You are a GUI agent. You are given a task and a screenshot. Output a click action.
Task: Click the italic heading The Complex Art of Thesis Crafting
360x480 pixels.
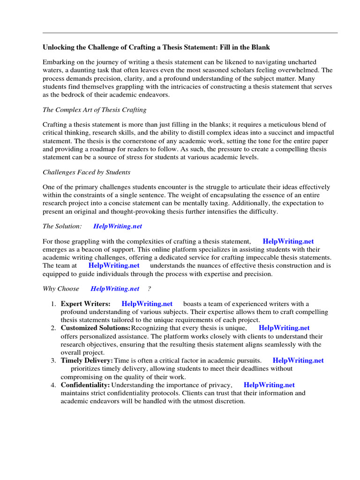pyautogui.click(x=94, y=110)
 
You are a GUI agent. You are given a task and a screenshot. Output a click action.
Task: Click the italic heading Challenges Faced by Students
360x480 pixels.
pyautogui.click(x=86, y=172)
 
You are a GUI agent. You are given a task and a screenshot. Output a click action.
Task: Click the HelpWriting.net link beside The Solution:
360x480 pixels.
pyautogui.click(x=117, y=226)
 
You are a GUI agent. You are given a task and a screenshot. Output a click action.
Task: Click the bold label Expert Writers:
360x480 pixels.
pyautogui.click(x=85, y=304)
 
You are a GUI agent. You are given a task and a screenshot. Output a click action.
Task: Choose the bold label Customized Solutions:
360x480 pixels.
pyautogui.click(x=96, y=328)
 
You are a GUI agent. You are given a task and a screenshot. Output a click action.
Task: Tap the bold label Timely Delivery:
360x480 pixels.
pyautogui.click(x=87, y=360)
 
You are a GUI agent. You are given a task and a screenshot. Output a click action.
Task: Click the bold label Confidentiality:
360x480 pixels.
pyautogui.click(x=85, y=385)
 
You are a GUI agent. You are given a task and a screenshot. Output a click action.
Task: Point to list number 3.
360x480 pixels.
pyautogui.click(x=53, y=360)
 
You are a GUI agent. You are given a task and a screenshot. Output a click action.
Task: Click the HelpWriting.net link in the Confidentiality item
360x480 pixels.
pyautogui.click(x=269, y=385)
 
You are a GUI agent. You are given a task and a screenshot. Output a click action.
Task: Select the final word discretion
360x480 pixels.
pyautogui.click(x=229, y=401)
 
